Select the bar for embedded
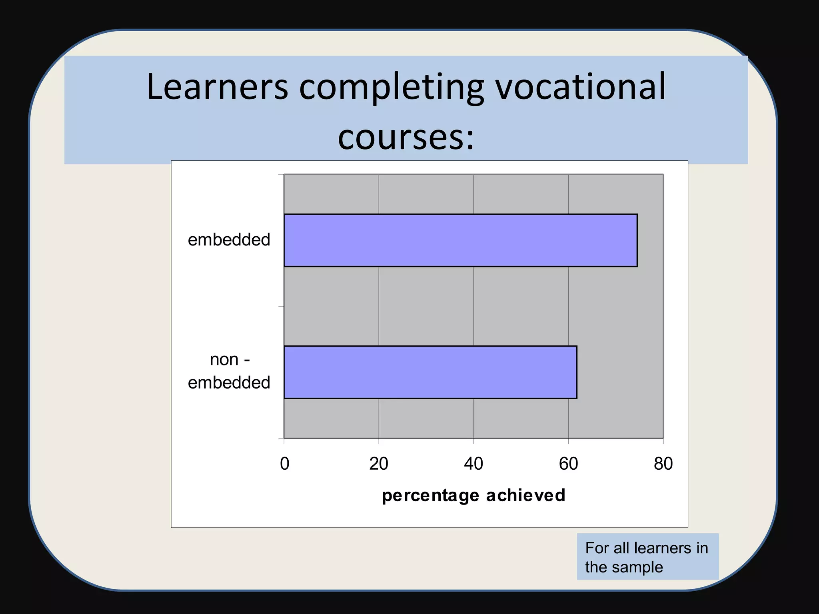[x=460, y=240]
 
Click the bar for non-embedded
[x=430, y=372]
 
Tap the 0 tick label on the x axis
[x=284, y=464]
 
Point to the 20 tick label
[x=379, y=464]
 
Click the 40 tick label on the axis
[x=473, y=464]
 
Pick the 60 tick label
[x=568, y=464]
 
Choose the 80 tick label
[x=663, y=464]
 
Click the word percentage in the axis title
[x=430, y=496]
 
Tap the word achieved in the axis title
[x=525, y=495]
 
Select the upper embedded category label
[x=229, y=240]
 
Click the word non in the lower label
[x=224, y=360]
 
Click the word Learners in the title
[x=217, y=87]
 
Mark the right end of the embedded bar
[x=637, y=240]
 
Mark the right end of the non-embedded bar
[x=576, y=372]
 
